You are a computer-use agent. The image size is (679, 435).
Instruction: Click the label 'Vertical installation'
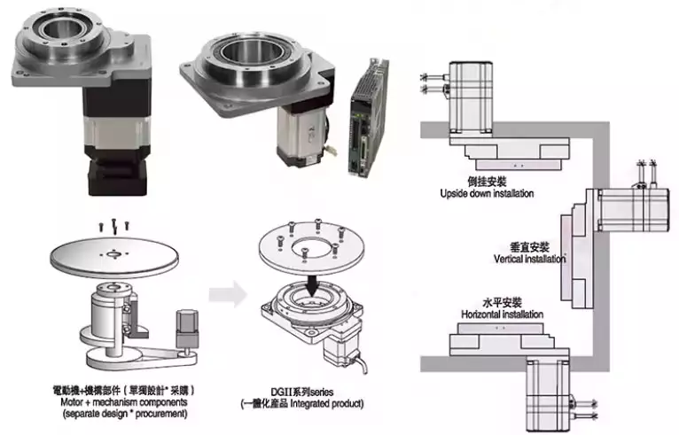529,260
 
